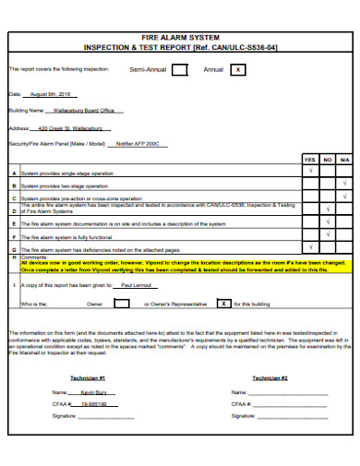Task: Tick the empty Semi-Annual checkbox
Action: click(x=180, y=69)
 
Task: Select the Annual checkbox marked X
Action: click(x=238, y=69)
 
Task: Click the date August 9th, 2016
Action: click(x=50, y=94)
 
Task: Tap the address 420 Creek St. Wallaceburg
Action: click(x=70, y=128)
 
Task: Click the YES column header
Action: click(x=309, y=160)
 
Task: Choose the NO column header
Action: click(x=327, y=160)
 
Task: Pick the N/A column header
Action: click(x=344, y=160)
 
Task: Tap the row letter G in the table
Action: click(x=13, y=249)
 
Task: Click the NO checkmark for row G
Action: click(x=327, y=249)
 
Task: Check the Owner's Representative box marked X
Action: click(x=223, y=303)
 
